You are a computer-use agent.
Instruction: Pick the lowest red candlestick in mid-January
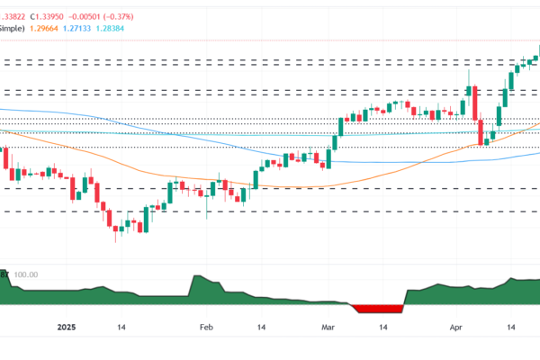115,232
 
